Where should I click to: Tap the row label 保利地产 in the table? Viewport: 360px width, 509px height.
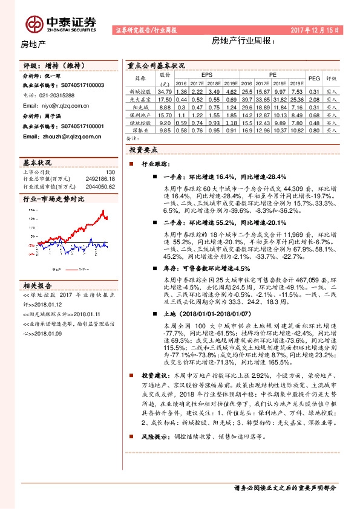tap(140, 114)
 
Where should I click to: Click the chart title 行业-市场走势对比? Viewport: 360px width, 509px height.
tap(53, 198)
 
